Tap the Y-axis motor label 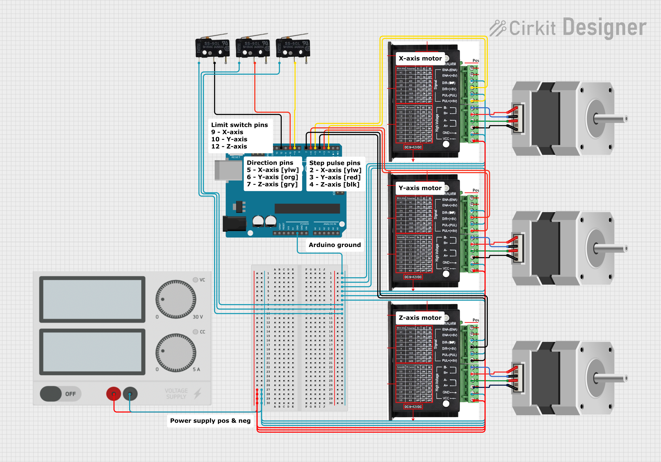420,188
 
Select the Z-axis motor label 420,318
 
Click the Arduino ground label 334,245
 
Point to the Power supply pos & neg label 210,421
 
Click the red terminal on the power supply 114,394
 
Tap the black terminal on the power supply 130,394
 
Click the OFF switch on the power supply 60,394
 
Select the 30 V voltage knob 176,299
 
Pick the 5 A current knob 176,352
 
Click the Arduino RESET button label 236,157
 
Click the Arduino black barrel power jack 234,224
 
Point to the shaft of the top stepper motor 610,118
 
